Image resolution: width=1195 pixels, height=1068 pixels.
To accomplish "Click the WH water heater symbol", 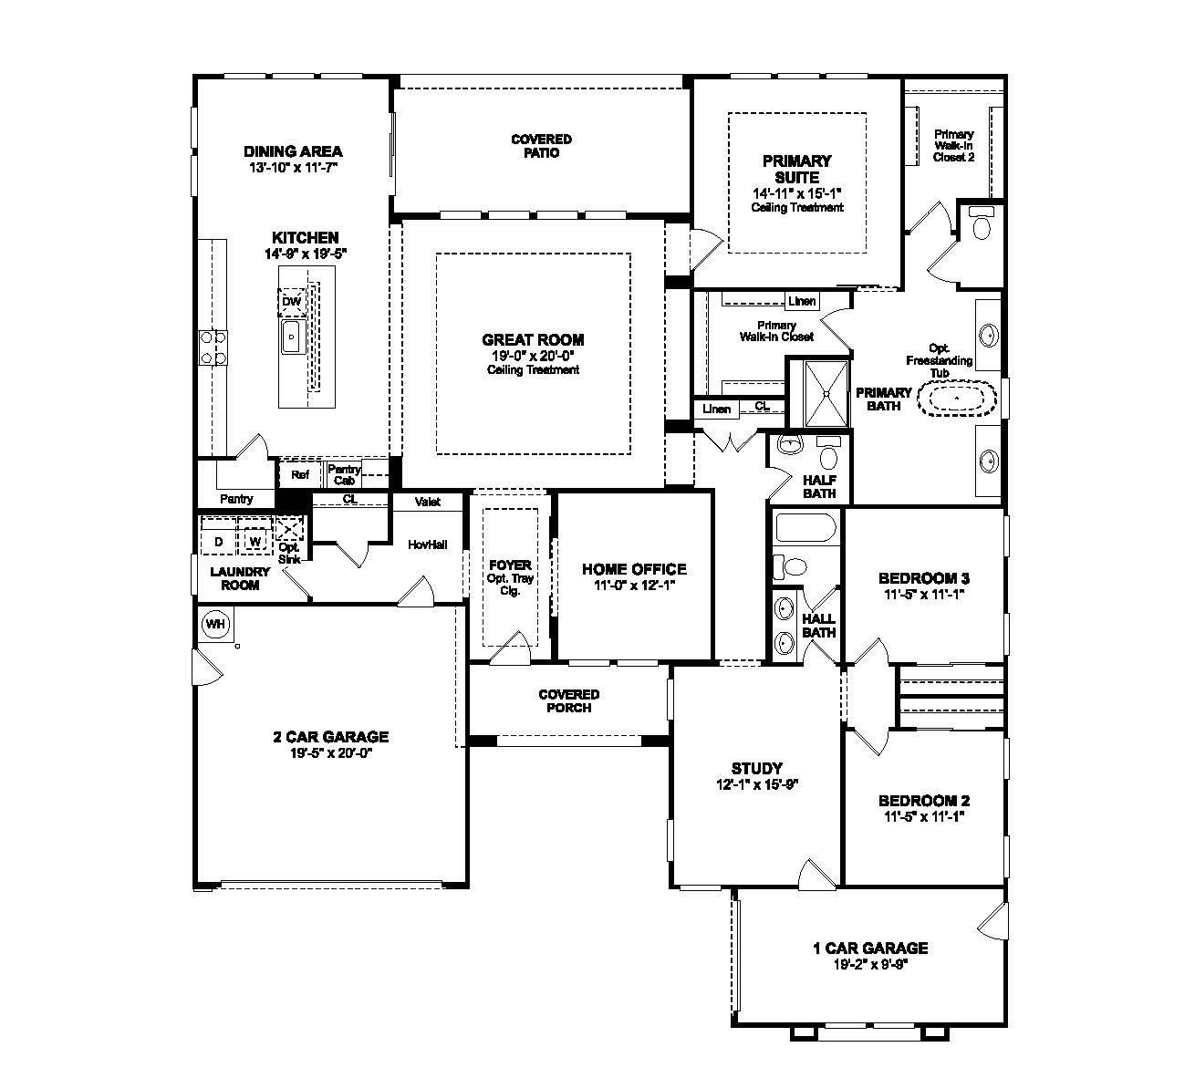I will point(215,625).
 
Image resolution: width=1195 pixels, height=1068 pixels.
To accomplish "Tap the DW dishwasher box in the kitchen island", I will point(291,302).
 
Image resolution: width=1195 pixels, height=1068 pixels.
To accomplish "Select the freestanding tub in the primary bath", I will point(955,399).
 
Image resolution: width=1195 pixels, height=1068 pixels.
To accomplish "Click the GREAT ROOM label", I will point(533,340).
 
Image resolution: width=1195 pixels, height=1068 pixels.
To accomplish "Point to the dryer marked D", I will point(218,542).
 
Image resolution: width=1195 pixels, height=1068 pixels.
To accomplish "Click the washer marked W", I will point(255,542).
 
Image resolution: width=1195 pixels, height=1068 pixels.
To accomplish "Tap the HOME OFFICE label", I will point(634,569).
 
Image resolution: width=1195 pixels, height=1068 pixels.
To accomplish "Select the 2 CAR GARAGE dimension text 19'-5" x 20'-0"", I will point(331,753).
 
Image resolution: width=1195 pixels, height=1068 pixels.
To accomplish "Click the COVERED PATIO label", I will point(541,146).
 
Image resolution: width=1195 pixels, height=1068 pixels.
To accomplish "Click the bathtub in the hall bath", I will point(805,528).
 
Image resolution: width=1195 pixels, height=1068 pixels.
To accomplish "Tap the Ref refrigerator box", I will point(300,474).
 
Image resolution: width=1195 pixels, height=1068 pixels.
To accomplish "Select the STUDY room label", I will point(756,768).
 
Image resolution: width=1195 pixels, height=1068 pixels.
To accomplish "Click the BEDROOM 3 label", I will point(923,578).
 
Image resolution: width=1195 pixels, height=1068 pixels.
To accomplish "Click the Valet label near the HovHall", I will point(427,502).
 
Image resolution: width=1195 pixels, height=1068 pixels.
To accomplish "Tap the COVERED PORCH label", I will point(568,701).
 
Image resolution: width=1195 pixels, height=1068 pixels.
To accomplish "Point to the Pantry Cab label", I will point(345,474).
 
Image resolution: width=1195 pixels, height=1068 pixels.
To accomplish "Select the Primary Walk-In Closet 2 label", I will point(953,146).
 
